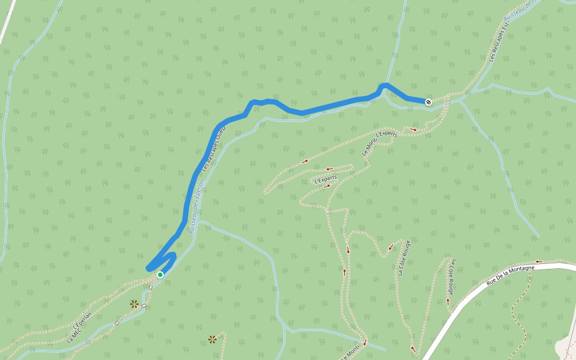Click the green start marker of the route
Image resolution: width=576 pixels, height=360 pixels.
[x=160, y=274]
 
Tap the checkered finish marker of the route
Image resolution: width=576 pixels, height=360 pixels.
[x=428, y=101]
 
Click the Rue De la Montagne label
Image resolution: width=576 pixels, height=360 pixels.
[x=510, y=275]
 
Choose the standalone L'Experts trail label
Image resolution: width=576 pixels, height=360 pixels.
[x=326, y=178]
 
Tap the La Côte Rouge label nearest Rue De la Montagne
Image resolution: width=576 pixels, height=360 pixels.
[x=454, y=275]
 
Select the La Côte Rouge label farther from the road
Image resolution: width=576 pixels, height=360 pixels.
[x=404, y=257]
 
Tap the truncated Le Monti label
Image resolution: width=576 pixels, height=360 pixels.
[x=351, y=353]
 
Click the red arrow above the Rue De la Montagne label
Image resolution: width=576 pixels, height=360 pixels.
[x=538, y=261]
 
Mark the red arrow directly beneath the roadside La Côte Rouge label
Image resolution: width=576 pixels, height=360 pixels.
[x=448, y=302]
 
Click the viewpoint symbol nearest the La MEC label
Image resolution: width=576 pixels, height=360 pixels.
[x=134, y=304]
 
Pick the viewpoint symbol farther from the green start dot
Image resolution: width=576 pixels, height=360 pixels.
[x=212, y=340]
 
